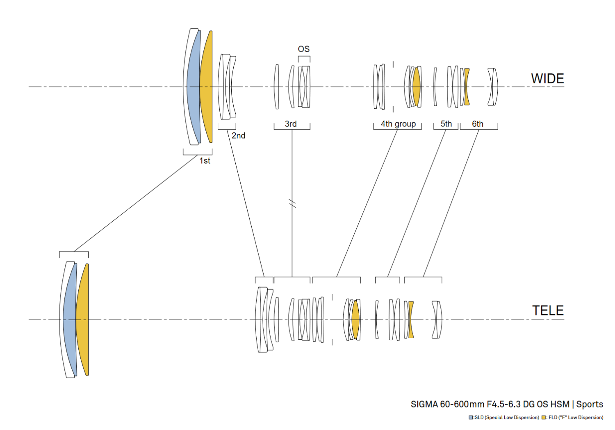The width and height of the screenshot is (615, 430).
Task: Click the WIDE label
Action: [x=547, y=79]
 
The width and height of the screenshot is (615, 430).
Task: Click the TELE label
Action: [x=548, y=311]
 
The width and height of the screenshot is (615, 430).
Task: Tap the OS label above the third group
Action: [x=304, y=49]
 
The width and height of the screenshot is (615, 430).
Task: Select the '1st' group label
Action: [x=205, y=161]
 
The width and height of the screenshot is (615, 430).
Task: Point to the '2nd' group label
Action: [x=238, y=135]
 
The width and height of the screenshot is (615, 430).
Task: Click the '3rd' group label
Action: [x=291, y=124]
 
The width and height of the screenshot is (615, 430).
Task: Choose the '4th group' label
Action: [x=398, y=124]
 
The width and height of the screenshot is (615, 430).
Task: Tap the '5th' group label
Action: [x=446, y=124]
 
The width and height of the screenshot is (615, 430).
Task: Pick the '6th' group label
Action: [x=478, y=124]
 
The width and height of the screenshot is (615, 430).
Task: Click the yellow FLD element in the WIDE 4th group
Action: [x=417, y=87]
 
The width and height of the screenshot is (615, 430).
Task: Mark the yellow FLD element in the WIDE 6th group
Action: [x=467, y=87]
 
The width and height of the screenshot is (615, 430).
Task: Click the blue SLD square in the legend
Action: [x=471, y=418]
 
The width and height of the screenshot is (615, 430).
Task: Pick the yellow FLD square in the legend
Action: [x=544, y=418]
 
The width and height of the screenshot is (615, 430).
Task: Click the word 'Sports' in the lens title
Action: [x=590, y=405]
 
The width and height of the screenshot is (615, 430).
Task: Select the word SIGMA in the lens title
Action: [x=424, y=405]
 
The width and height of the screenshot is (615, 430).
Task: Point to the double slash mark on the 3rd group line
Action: [x=292, y=204]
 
